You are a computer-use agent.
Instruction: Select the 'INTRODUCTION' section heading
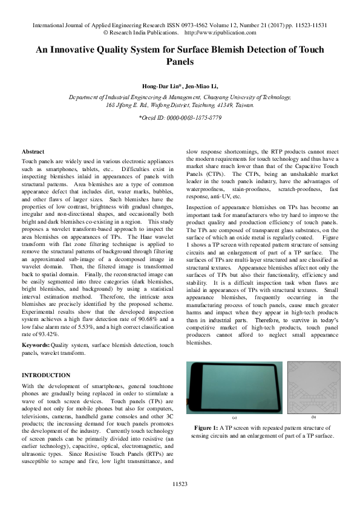pos(46,375)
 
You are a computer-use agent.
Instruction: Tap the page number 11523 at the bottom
pos(180,484)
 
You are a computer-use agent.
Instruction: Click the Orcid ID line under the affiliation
pos(180,117)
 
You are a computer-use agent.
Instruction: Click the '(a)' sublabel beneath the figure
pos(234,418)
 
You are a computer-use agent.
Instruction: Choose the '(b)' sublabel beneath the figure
pos(313,418)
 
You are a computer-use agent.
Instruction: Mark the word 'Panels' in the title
pos(180,62)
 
